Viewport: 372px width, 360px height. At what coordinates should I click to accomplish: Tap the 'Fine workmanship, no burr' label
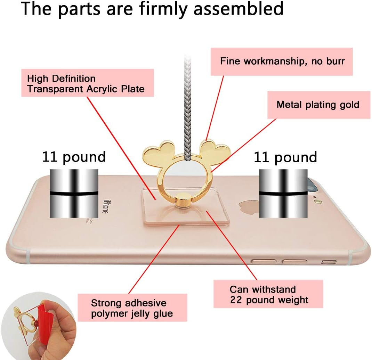(x=282, y=62)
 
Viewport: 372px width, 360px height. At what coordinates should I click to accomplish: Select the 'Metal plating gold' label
(x=318, y=105)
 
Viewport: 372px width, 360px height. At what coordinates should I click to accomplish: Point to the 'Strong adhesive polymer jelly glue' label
(x=132, y=308)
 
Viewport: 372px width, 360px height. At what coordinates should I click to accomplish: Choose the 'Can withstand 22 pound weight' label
(x=269, y=294)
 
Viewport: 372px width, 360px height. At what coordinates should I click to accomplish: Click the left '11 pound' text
(x=74, y=157)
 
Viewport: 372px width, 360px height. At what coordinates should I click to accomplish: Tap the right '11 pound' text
(x=285, y=157)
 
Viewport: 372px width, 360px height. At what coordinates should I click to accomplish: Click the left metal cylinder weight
(x=73, y=193)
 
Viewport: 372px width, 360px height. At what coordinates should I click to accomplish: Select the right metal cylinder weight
(x=283, y=193)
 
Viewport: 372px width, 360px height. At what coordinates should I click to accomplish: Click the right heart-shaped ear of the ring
(x=216, y=149)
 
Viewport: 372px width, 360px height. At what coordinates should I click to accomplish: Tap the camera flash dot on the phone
(x=317, y=201)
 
